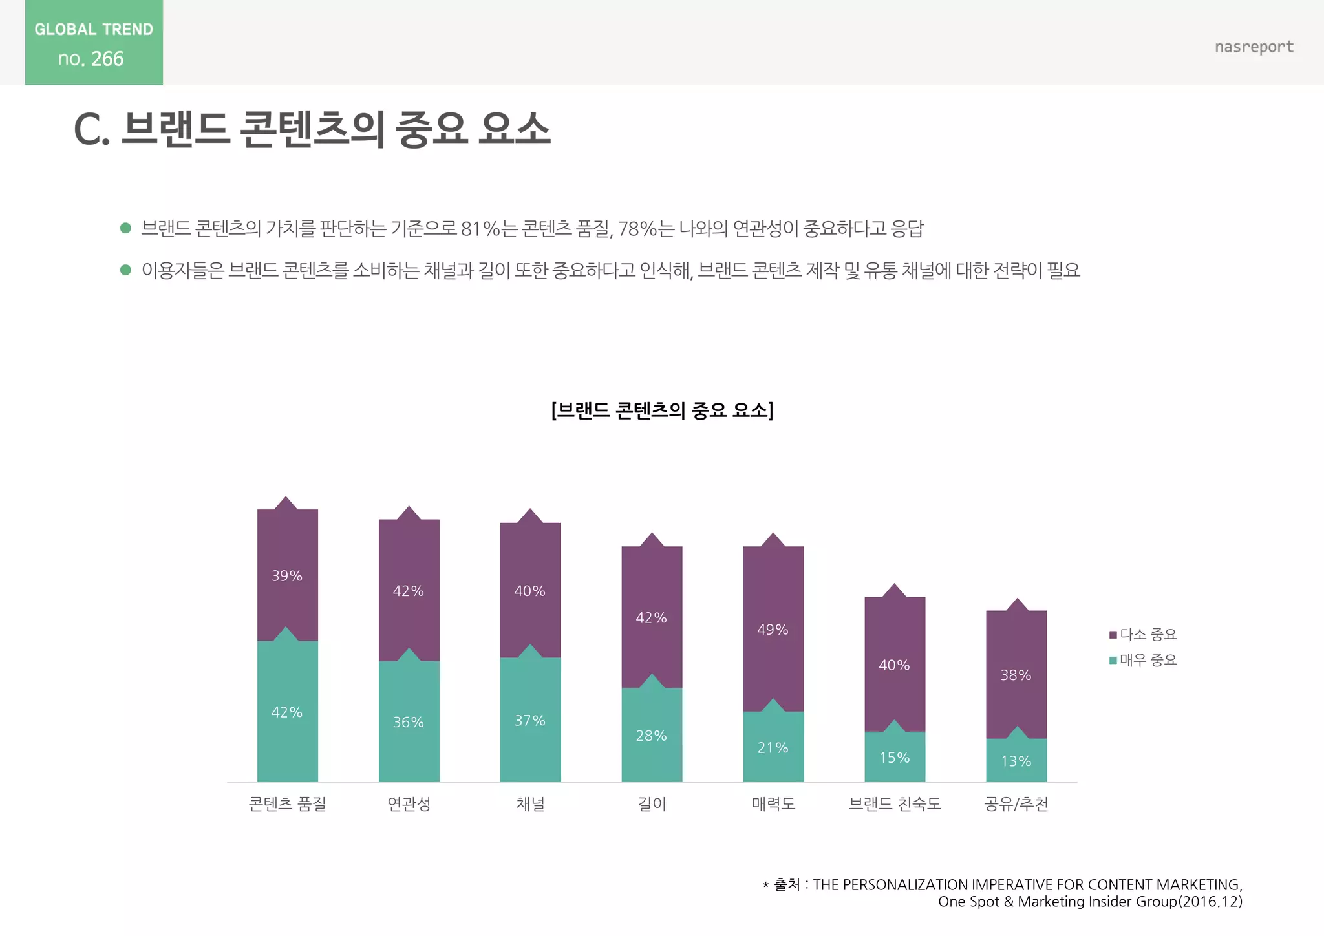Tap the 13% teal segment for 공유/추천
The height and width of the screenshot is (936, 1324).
[x=1016, y=761]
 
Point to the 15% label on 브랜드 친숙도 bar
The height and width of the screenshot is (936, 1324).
[x=894, y=758]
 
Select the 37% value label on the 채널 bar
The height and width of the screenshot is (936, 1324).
[x=529, y=721]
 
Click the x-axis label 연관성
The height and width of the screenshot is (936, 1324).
[x=409, y=804]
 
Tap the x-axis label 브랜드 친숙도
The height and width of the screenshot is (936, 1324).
[x=894, y=804]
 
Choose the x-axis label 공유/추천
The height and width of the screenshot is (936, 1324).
[x=1016, y=804]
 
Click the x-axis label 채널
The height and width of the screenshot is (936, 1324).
[x=530, y=804]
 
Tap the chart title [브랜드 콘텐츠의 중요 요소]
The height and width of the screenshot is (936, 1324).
[x=662, y=410]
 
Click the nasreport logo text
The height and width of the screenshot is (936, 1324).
[x=1254, y=47]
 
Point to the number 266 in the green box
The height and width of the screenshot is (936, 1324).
[x=107, y=59]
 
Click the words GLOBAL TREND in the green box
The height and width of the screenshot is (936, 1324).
[x=94, y=29]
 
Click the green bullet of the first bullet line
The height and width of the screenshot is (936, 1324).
[x=126, y=228]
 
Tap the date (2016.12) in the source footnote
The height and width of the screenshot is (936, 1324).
[x=1210, y=902]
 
